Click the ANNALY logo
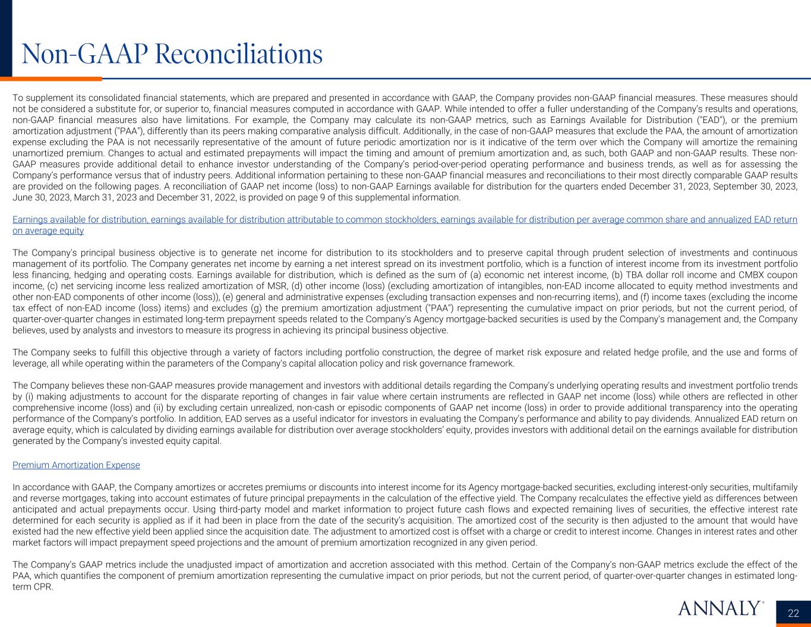(x=720, y=608)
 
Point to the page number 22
(x=793, y=613)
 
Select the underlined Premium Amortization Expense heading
(x=76, y=465)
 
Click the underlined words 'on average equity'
(x=48, y=231)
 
